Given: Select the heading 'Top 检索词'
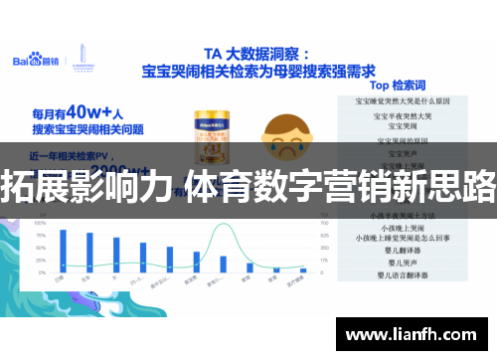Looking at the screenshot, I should tap(393, 87).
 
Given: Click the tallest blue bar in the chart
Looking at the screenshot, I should tap(63, 250).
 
